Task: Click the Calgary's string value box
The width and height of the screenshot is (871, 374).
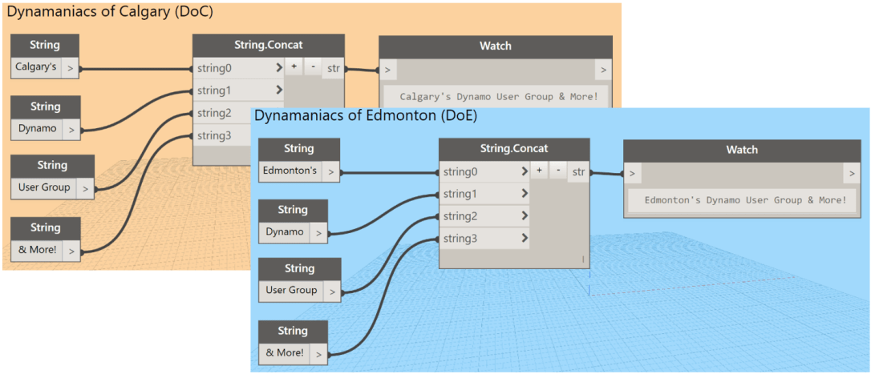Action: click(36, 68)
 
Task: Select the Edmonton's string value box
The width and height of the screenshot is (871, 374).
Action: click(291, 171)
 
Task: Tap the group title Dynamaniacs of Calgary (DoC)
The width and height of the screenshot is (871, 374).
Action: click(110, 12)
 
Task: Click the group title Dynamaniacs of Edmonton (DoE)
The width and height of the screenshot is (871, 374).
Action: click(366, 115)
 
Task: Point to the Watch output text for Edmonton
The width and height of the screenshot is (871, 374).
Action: click(745, 199)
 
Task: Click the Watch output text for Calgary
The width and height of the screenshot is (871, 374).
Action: click(499, 97)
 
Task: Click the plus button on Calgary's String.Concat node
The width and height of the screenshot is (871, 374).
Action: click(294, 68)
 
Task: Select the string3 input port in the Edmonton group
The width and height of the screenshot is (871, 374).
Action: click(484, 239)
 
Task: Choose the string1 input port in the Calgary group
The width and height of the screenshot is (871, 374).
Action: click(238, 90)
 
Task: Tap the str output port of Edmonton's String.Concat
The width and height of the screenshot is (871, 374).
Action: click(578, 171)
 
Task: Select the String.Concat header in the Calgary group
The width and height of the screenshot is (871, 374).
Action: click(269, 45)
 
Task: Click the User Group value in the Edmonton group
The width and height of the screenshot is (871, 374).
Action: click(292, 290)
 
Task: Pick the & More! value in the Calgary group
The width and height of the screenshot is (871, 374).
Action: click(37, 250)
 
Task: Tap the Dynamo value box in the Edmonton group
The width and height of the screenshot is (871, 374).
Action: click(285, 231)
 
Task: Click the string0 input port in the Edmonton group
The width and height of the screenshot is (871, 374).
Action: click(484, 171)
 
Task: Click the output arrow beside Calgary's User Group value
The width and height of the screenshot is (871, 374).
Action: click(85, 188)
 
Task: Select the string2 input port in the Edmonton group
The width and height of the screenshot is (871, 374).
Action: click(484, 216)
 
